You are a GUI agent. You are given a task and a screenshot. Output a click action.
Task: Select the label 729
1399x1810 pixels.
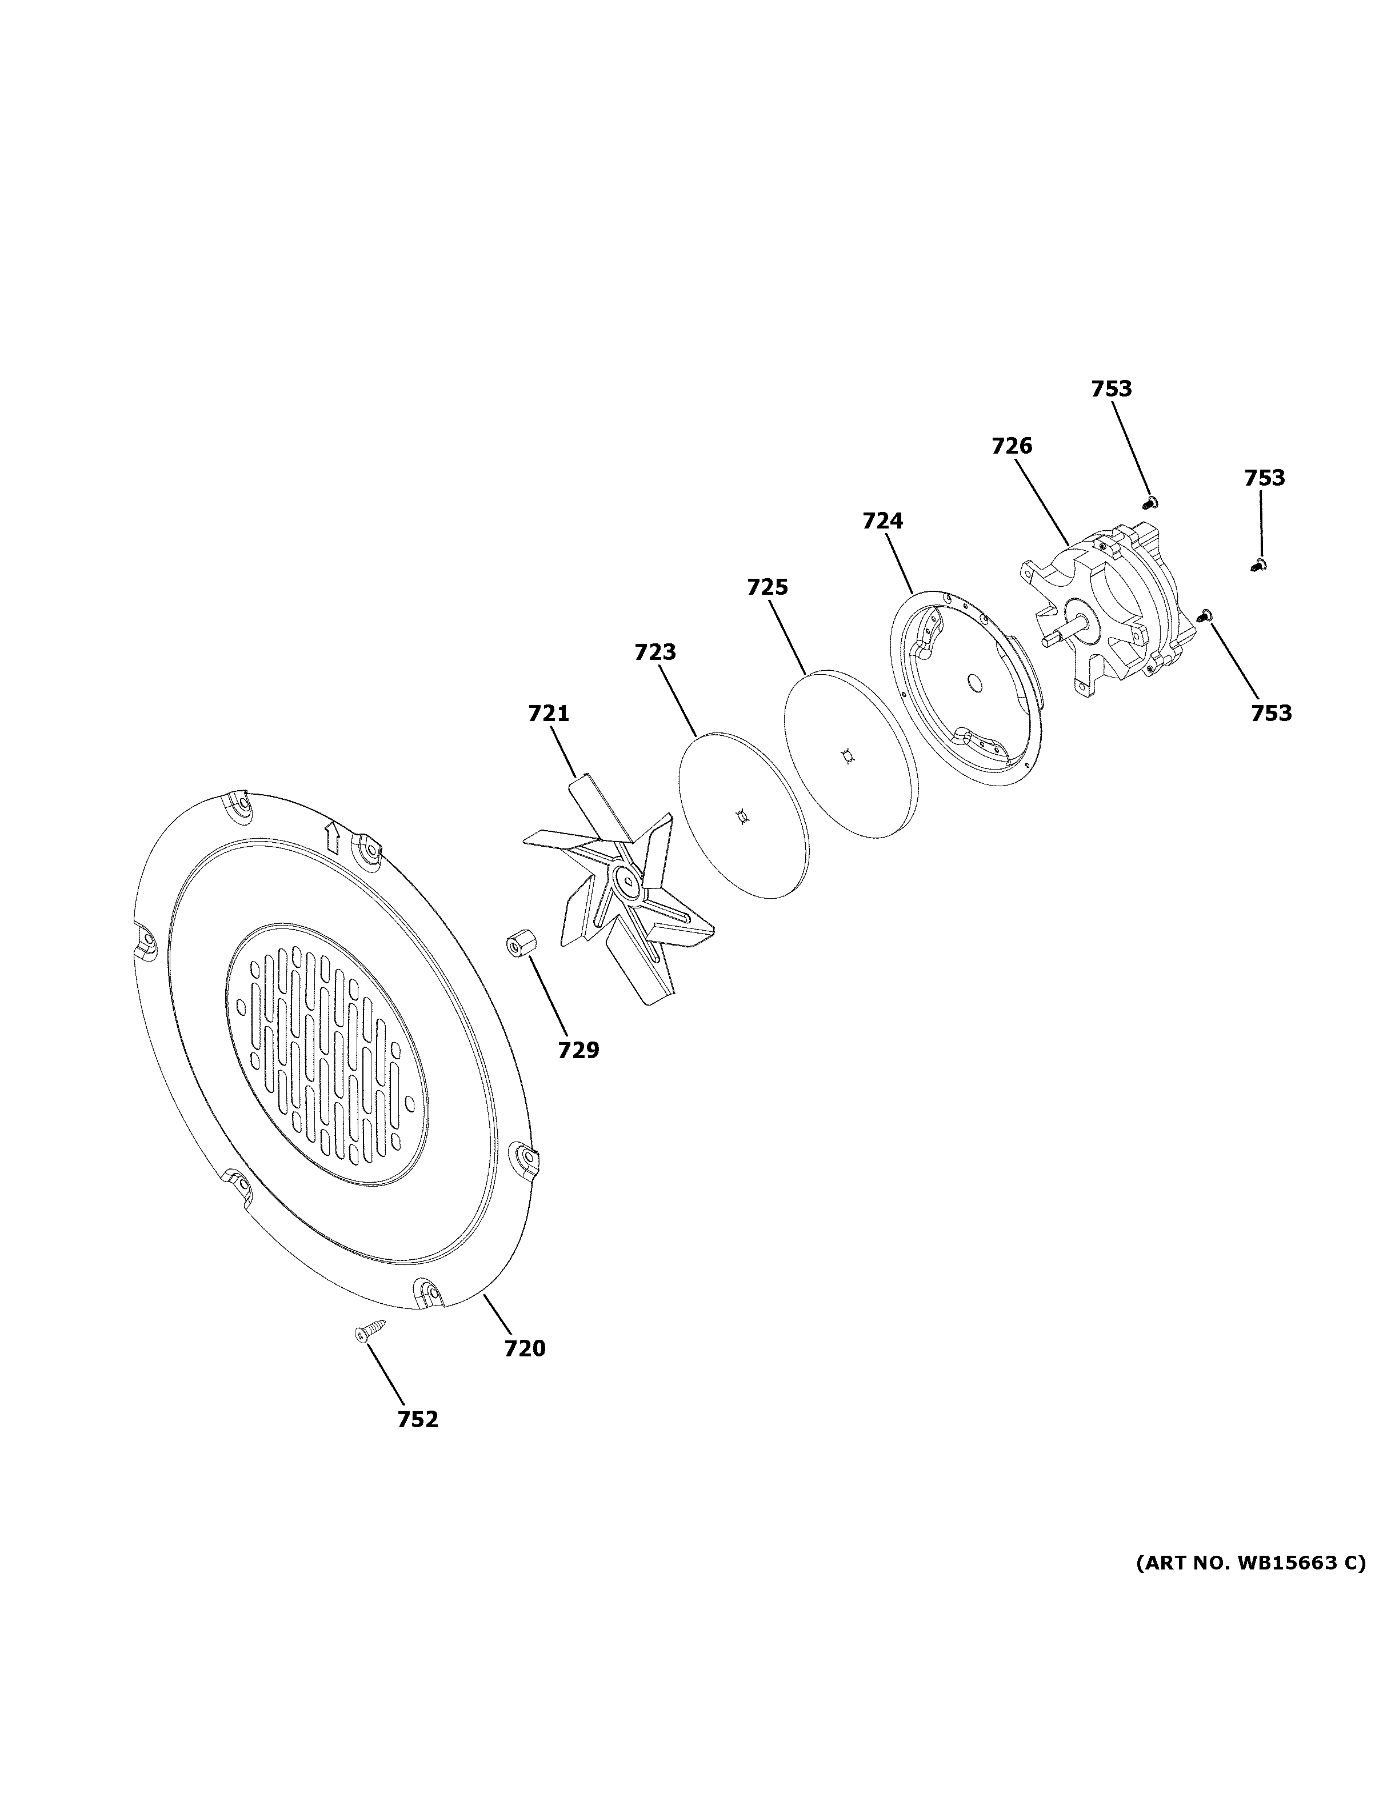point(578,1050)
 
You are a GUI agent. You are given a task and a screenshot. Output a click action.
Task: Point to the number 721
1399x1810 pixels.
point(549,712)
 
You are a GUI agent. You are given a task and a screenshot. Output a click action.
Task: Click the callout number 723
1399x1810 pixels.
point(655,652)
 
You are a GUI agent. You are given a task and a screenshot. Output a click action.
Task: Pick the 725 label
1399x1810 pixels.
point(768,587)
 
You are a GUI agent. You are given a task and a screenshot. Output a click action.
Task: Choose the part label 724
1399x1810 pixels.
point(883,520)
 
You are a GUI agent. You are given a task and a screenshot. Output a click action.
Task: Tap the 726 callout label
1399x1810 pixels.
point(1012,446)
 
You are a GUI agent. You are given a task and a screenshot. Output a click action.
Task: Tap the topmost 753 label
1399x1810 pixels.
point(1112,389)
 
